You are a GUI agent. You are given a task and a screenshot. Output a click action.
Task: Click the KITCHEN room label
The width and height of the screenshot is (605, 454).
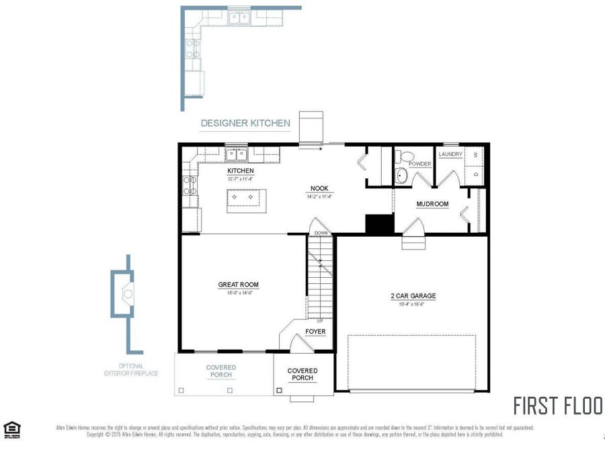coord(240,171)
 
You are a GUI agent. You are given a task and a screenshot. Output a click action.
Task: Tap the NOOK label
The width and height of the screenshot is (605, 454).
coord(319,188)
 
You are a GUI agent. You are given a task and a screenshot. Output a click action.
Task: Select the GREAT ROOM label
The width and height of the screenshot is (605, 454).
coord(238,285)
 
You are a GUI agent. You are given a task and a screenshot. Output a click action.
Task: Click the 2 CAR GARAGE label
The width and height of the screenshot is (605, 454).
coord(413,296)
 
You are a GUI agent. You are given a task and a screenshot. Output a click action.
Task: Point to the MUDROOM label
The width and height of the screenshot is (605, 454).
coord(432,204)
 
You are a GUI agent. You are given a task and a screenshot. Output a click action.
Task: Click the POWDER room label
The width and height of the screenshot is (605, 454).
coord(420,164)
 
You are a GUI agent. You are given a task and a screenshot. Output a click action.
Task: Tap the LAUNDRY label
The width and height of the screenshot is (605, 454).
coord(450,154)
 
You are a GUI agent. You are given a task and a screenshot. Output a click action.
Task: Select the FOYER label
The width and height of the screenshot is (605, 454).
coord(315,332)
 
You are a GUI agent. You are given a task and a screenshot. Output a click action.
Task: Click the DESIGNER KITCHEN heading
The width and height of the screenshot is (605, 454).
coord(245,123)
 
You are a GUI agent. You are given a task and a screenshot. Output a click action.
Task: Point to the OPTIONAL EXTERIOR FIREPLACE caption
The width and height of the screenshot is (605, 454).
coord(131,369)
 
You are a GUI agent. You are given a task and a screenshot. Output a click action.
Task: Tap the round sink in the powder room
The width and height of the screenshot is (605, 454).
coord(401,176)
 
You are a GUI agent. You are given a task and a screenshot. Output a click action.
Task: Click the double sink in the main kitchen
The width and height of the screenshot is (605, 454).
coord(236,155)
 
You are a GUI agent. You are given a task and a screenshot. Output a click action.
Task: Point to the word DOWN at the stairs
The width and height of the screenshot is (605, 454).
coord(321,233)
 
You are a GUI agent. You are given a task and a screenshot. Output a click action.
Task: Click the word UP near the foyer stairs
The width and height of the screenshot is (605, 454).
coord(319,320)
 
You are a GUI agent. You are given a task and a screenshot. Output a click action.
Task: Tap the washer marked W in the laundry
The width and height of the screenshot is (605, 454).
coord(475,155)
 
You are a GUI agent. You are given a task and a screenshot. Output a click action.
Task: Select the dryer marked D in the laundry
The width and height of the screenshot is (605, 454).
coord(475,175)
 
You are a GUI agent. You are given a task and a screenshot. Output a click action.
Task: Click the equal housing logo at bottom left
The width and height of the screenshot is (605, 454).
coord(11,429)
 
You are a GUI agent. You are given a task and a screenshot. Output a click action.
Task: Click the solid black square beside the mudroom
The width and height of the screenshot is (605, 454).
coord(379,223)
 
